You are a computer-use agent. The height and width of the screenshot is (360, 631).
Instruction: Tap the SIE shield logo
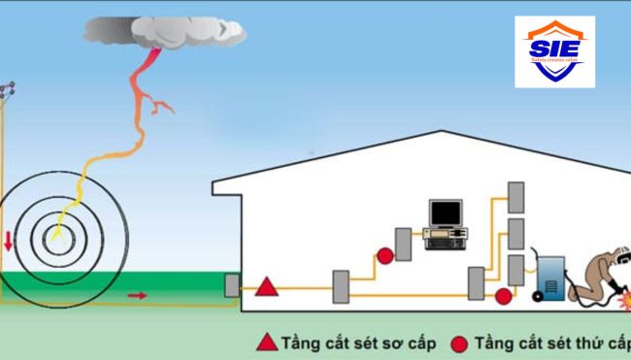tap(554, 51)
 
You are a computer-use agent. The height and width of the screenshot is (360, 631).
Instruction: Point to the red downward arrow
tap(9, 240)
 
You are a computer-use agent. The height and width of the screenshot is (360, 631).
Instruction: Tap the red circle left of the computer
tap(385, 256)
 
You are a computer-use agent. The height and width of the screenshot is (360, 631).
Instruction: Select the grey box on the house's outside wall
tap(231, 285)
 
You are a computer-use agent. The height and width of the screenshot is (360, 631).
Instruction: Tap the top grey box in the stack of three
tap(516, 198)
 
